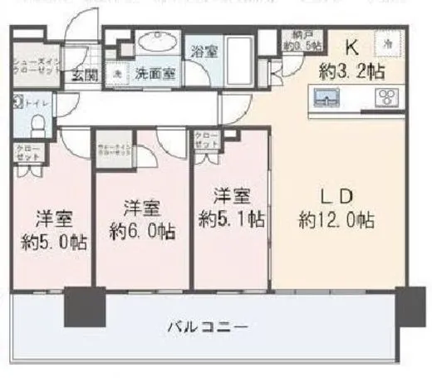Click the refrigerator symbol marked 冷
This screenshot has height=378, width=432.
[386, 44]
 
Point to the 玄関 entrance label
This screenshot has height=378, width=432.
[83, 76]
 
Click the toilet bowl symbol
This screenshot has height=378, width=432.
[37, 125]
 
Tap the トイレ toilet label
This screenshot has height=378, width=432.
[35, 104]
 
